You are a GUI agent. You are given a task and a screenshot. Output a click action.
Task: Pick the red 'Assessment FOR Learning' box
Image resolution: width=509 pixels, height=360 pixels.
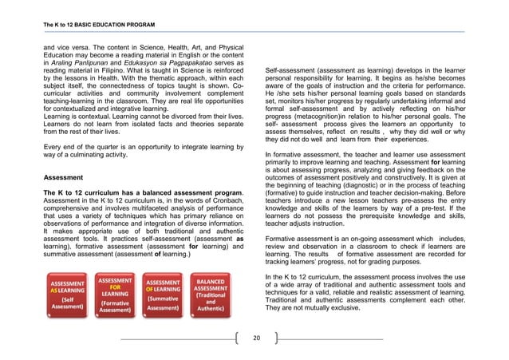[x=115, y=294]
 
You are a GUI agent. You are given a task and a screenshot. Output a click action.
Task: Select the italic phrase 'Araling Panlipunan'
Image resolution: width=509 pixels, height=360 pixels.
[x=92, y=93]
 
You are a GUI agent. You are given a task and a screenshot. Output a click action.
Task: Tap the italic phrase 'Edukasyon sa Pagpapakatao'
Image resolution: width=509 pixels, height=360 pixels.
[x=172, y=93]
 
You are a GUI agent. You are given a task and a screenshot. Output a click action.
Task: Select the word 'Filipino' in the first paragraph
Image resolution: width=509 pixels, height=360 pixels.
[x=138, y=102]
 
